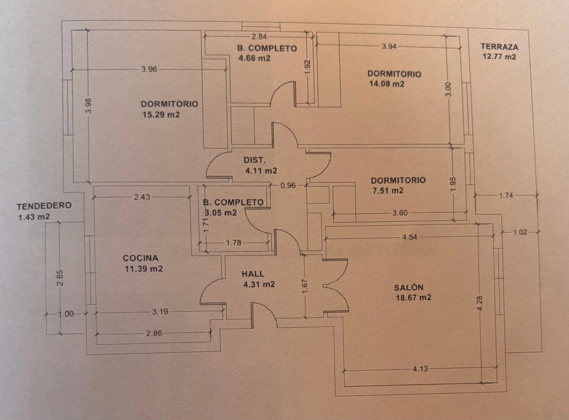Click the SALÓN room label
point(409,288)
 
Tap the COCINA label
point(141,258)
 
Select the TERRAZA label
point(499,47)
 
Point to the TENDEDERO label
point(44,206)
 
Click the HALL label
point(253,274)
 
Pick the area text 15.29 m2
point(161,114)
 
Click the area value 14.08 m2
point(387,84)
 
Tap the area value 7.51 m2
point(388,191)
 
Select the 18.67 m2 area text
point(413,297)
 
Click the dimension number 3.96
point(149,69)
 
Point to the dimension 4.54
point(410,237)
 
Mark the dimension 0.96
point(288,185)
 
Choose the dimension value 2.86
point(154,333)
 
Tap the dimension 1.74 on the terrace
point(506,195)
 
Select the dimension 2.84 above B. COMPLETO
point(259,37)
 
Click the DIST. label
point(254,160)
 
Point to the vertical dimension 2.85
point(60,278)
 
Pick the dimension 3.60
point(400,213)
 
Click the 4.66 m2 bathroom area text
point(254,58)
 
